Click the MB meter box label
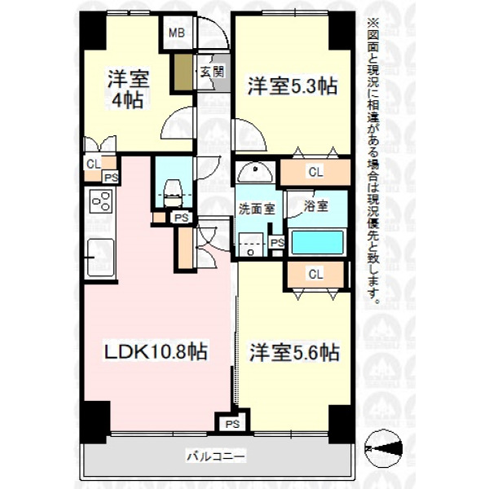177,33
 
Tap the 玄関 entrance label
213,73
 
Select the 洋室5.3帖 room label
293,86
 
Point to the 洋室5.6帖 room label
294,352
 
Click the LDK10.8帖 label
156,351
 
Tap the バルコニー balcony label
216,457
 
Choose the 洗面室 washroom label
257,209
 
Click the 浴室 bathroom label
316,206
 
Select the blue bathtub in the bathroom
317,242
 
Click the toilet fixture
173,192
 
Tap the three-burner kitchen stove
101,201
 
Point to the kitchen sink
100,258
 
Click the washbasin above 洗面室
255,173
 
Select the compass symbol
384,449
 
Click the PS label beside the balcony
232,424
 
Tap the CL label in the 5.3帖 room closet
315,172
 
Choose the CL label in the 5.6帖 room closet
315,275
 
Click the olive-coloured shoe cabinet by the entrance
183,73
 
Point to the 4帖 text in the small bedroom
128,100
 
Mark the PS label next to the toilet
182,218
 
